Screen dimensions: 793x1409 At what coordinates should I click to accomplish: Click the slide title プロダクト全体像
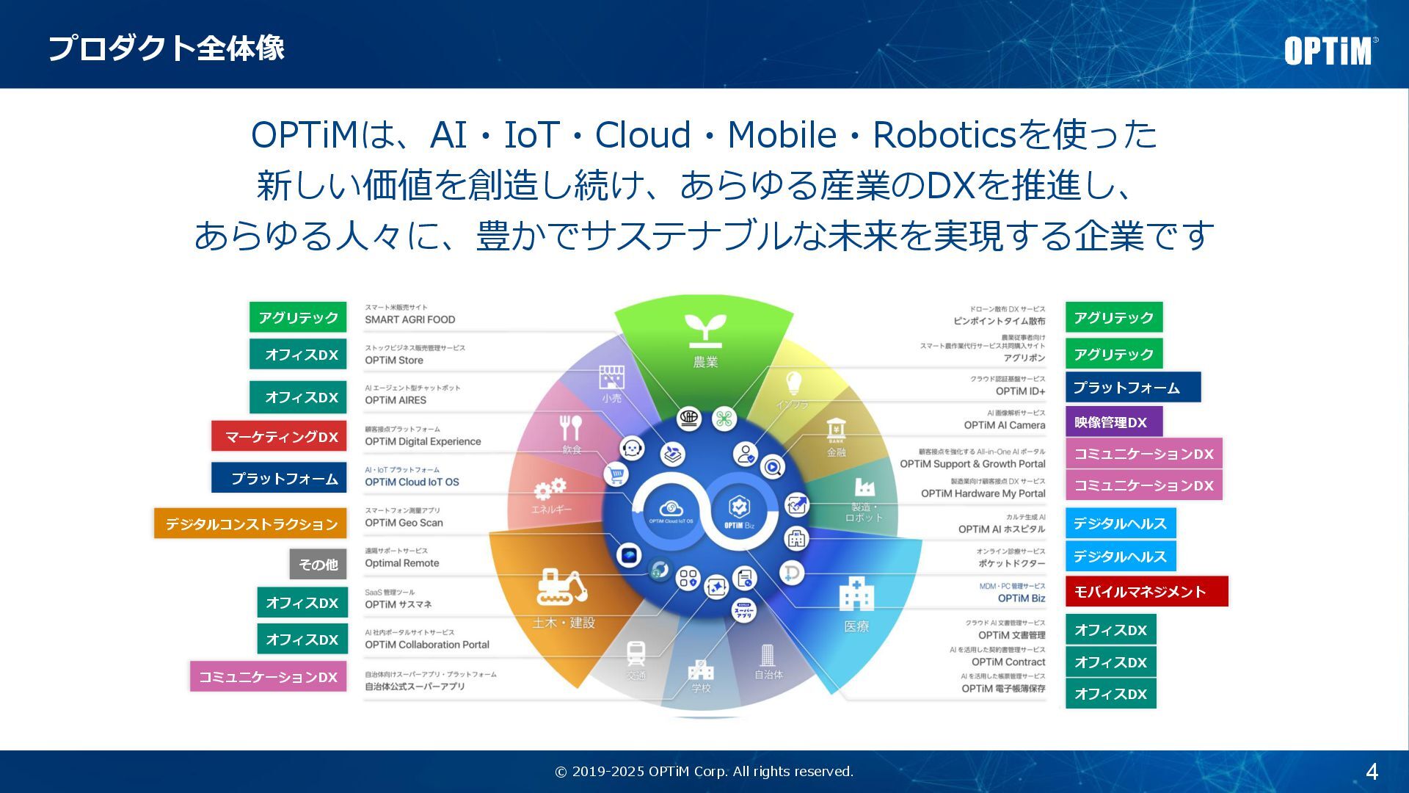tap(166, 48)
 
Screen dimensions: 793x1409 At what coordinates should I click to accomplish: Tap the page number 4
tap(1372, 772)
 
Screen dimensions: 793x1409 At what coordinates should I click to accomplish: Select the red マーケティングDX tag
tap(279, 436)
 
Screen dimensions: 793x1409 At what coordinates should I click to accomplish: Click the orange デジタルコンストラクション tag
tap(250, 524)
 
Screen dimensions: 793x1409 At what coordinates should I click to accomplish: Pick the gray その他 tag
tap(318, 564)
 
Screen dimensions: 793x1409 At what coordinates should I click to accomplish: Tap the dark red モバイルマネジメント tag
tap(1146, 591)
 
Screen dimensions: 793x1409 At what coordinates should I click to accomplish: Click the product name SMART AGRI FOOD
tap(410, 319)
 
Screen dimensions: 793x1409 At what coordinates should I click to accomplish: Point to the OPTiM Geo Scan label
tap(404, 523)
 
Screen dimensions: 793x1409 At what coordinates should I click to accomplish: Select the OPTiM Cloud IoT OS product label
tap(412, 482)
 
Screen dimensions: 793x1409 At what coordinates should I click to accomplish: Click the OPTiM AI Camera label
tap(1004, 425)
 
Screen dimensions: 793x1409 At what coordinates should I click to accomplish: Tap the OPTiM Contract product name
tap(1008, 662)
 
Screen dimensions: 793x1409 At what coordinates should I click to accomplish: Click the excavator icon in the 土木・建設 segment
tap(562, 587)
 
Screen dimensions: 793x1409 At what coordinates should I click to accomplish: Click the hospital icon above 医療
tap(856, 594)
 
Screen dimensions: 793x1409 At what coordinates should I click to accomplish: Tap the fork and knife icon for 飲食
tap(570, 427)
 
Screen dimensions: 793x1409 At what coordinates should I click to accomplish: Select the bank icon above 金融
tap(836, 430)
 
